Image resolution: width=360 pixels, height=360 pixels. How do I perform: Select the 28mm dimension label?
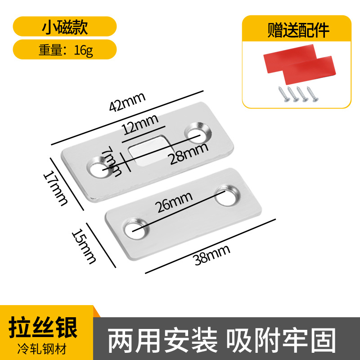pos(188,153)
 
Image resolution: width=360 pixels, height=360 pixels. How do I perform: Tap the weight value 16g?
pos(84,50)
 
